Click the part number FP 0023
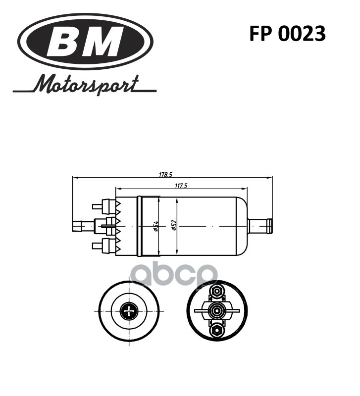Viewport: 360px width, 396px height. point(287,34)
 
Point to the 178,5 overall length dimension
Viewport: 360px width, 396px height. point(165,174)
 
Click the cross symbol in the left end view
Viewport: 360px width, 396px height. point(130,311)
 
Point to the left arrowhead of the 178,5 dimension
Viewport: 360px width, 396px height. point(74,177)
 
